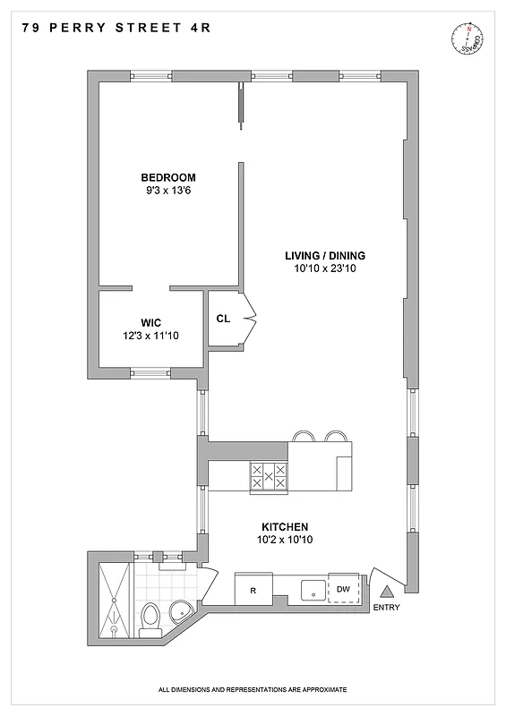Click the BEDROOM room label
click(x=167, y=177)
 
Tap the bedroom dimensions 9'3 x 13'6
click(x=167, y=190)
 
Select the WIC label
click(x=150, y=322)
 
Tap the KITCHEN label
click(x=285, y=526)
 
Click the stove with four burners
click(x=268, y=475)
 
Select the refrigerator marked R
click(x=253, y=590)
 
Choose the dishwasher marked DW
click(x=344, y=588)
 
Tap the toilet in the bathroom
click(x=151, y=617)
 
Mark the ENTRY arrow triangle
click(x=388, y=592)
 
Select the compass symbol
click(x=468, y=39)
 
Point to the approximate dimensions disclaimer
click(x=253, y=690)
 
